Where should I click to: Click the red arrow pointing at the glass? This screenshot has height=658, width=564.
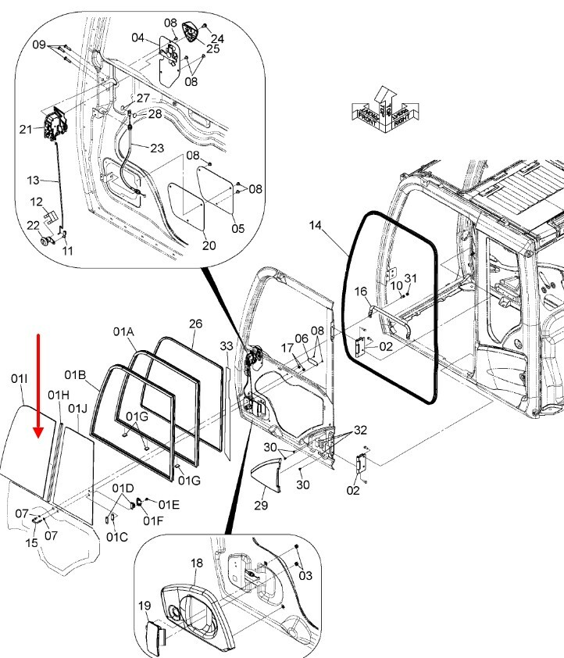pos(38,384)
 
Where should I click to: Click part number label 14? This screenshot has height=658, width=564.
pos(315,226)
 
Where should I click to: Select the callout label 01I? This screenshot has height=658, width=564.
pos(20,379)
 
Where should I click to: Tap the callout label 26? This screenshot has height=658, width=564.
pos(195,324)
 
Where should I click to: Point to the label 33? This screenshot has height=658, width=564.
pos(226,345)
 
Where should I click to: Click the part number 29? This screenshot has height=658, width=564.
pos(261,505)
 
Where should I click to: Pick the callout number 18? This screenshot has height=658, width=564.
pos(195,563)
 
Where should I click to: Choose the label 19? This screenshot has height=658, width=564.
pos(145,605)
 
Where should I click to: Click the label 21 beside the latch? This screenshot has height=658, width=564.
pos(26,129)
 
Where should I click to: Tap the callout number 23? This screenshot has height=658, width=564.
pos(157,148)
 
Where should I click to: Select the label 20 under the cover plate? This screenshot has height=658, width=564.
pos(209,245)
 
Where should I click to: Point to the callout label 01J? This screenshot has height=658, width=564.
pos(77,408)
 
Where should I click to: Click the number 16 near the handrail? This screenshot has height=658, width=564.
pos(361,291)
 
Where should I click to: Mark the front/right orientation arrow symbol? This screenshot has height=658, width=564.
pos(384,109)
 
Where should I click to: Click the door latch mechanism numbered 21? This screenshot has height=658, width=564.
pos(55,126)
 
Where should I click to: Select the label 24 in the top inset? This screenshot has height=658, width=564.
pos(217,38)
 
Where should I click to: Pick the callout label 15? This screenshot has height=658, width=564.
pos(31,542)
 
